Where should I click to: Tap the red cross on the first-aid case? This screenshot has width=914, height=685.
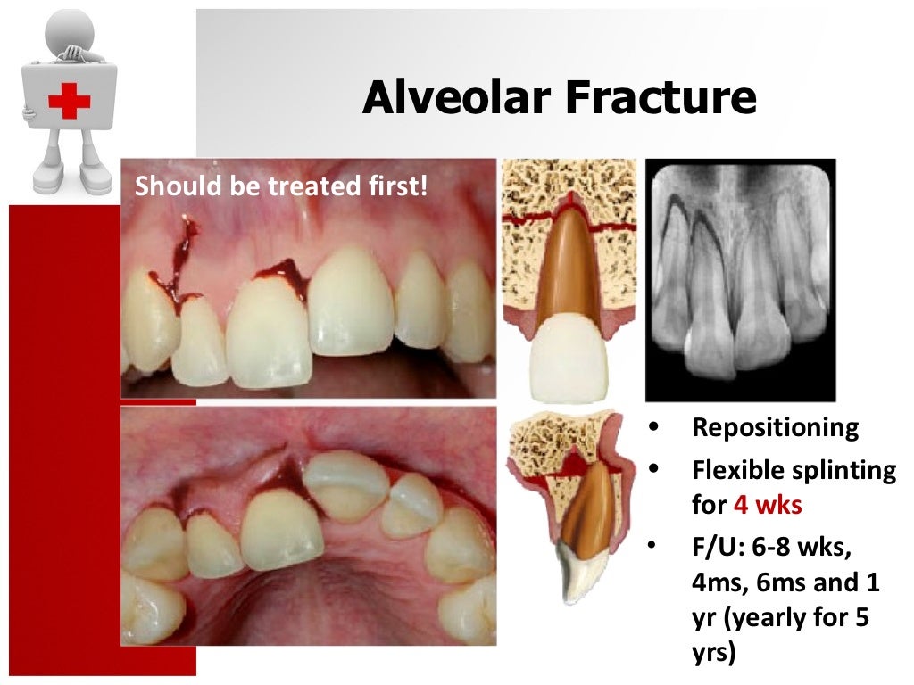tap(70, 102)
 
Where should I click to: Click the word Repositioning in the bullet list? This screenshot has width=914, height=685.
tap(776, 427)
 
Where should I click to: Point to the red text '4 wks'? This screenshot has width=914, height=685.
tap(768, 506)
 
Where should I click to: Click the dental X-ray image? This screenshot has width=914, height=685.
tap(740, 278)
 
